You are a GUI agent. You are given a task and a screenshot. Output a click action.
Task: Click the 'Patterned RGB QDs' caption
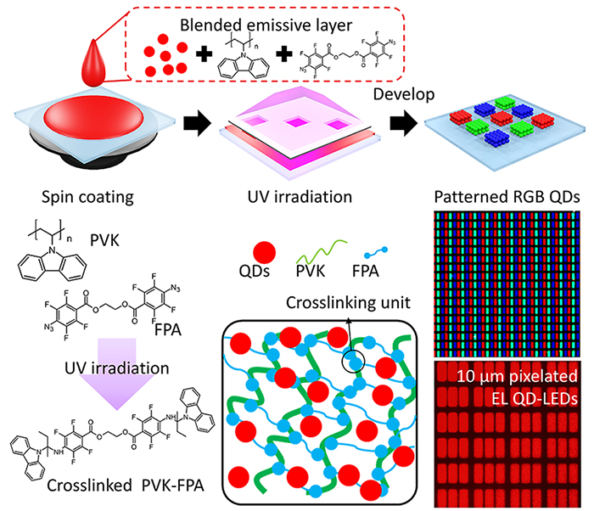point(507,199)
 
